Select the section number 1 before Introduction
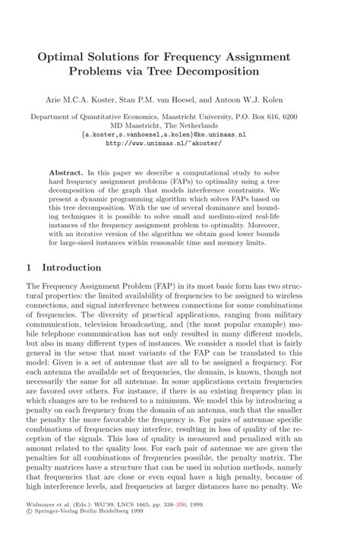tap(29, 267)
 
